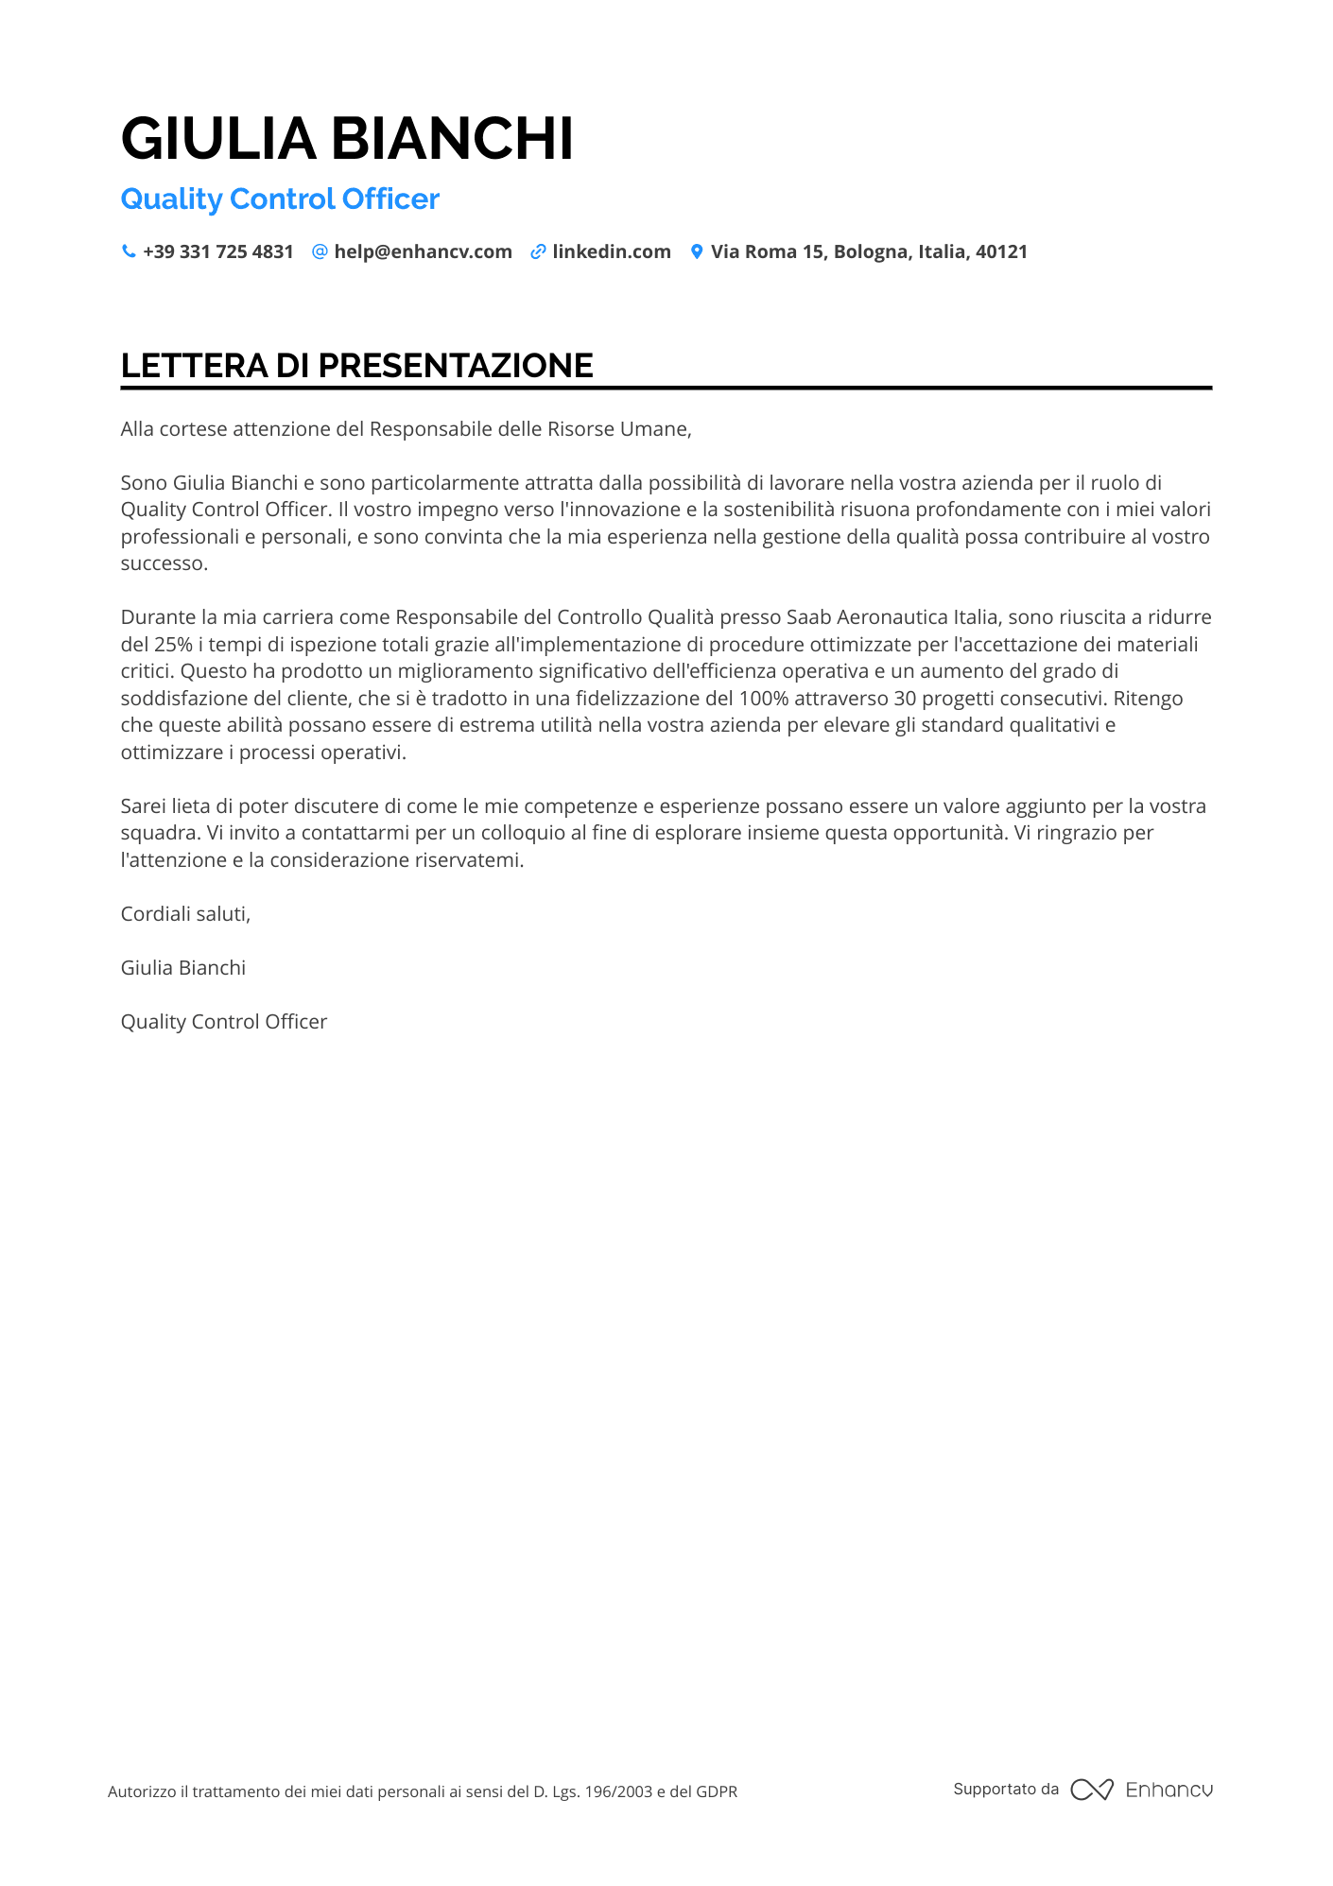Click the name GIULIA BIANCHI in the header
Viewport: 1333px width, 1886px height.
coord(347,139)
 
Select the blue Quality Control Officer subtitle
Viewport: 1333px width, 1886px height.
coord(280,199)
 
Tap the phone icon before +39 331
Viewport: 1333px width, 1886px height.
coord(129,251)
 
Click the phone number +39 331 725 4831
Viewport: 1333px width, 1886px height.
coord(218,251)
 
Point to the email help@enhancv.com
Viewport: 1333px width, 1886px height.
coord(423,251)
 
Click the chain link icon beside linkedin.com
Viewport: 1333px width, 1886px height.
coord(538,251)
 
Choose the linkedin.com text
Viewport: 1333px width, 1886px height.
coord(612,251)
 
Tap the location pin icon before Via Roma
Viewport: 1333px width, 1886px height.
coord(697,251)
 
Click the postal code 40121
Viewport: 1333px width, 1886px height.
coord(1001,251)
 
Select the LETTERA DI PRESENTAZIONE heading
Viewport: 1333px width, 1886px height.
coord(357,366)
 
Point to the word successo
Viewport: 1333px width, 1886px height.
coord(163,563)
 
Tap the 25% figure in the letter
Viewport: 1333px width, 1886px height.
coord(173,645)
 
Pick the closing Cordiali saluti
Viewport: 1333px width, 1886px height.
coord(185,914)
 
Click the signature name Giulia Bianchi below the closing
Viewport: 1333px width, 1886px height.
coord(183,968)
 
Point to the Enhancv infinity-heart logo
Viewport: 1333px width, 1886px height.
coord(1092,1790)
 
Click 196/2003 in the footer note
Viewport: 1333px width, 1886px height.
coord(618,1791)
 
